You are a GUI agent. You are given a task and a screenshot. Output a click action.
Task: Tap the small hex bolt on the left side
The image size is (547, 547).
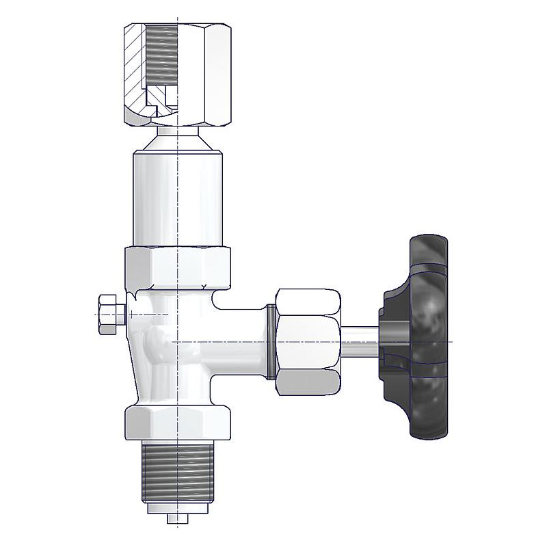click(x=109, y=314)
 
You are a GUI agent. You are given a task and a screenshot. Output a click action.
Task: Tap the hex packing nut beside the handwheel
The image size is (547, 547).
click(x=308, y=340)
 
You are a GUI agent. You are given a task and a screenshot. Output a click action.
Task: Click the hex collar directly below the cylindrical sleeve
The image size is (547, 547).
click(x=178, y=267)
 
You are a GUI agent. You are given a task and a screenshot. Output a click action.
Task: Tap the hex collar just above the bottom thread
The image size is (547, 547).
click(x=178, y=422)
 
